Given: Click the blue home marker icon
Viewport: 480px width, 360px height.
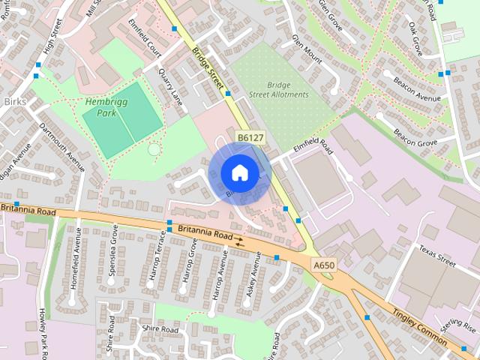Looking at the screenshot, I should (239, 172).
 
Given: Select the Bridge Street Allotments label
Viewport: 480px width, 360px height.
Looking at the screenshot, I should (279, 89).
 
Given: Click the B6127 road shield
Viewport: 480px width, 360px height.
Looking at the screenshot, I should (250, 138).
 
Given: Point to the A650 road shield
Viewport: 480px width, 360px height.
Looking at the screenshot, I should (324, 265).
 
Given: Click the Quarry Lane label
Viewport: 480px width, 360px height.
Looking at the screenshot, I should (171, 87).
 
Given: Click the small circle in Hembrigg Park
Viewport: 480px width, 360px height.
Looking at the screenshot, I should (154, 149).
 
